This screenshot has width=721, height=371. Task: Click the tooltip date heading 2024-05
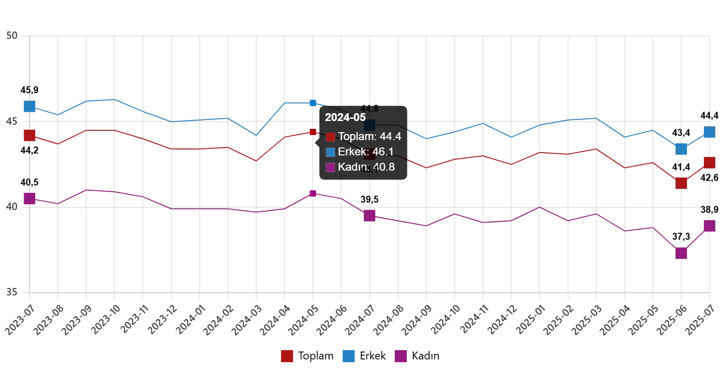345,117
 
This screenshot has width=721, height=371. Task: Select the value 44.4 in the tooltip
390,136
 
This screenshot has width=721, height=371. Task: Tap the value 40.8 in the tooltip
384,167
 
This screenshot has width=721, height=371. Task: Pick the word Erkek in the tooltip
353,152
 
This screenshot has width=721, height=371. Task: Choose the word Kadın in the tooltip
353,167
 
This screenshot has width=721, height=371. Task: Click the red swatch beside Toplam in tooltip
330,137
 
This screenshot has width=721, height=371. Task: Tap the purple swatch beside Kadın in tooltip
330,167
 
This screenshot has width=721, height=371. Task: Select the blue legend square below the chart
348,356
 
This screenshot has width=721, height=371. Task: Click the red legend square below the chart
287,356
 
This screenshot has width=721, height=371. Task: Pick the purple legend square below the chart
400,356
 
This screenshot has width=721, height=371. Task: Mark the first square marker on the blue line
30,106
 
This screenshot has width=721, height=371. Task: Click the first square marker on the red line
30,135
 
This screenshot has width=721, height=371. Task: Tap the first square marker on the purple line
30,198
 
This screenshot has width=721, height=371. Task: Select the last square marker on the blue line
709,132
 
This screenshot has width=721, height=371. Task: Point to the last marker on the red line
709,163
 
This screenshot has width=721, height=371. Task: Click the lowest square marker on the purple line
681,253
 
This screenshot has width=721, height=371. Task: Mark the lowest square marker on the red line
681,183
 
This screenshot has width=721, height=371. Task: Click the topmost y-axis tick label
11,35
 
